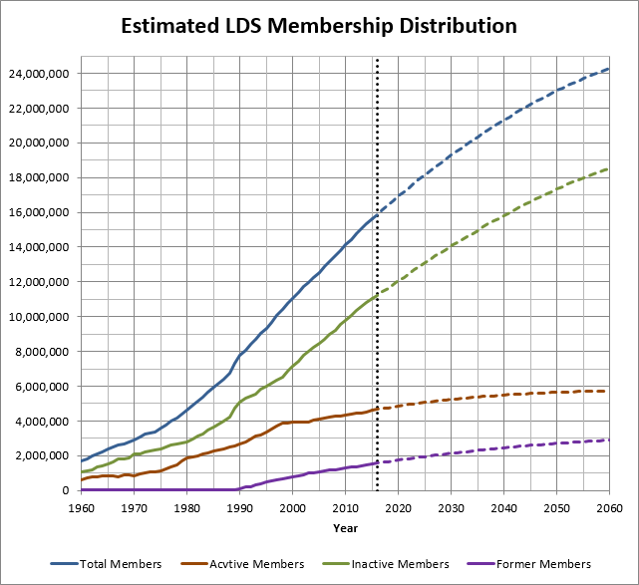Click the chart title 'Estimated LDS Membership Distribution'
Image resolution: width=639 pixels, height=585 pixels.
(x=319, y=25)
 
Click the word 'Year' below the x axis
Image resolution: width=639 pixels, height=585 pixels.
(x=346, y=527)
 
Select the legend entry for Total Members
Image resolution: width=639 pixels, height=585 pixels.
(x=121, y=564)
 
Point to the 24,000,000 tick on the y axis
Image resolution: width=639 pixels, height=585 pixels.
(x=41, y=74)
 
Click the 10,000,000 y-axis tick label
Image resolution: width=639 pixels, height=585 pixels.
(x=41, y=317)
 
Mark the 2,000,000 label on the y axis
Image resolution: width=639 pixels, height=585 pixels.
(x=44, y=455)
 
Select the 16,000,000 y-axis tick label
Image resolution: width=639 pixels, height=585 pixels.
(x=41, y=212)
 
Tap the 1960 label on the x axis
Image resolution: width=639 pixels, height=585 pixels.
(x=82, y=508)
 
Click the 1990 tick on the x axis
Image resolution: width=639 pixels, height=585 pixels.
(x=239, y=508)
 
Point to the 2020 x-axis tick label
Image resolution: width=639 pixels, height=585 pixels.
(x=398, y=508)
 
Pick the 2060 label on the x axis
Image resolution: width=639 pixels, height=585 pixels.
(x=608, y=508)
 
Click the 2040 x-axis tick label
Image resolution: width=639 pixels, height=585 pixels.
(x=503, y=508)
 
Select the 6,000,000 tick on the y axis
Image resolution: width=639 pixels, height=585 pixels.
(x=44, y=386)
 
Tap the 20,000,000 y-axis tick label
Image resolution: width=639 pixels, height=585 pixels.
(x=41, y=143)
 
